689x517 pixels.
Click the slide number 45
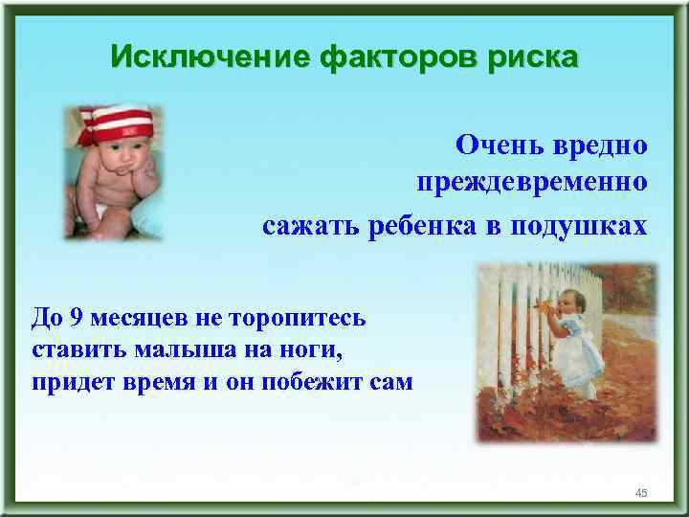(x=641, y=492)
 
